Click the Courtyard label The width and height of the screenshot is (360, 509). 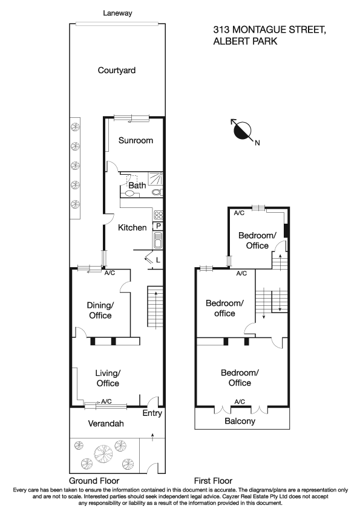click(117, 70)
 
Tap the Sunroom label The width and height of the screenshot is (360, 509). click(136, 140)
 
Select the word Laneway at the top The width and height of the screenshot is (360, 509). click(117, 13)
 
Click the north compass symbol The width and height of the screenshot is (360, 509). click(243, 129)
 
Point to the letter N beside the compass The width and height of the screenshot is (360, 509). click(257, 143)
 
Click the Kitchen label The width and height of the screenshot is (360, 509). click(132, 228)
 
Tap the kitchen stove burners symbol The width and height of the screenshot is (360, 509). click(159, 214)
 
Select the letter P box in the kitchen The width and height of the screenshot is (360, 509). click(159, 226)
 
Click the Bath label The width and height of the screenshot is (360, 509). click(137, 186)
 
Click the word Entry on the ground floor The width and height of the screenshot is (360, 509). click(152, 413)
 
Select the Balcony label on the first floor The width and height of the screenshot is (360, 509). click(240, 421)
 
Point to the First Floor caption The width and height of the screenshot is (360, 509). click(214, 481)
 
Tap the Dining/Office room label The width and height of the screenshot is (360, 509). click(100, 311)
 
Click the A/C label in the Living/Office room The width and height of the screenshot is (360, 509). click(106, 401)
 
